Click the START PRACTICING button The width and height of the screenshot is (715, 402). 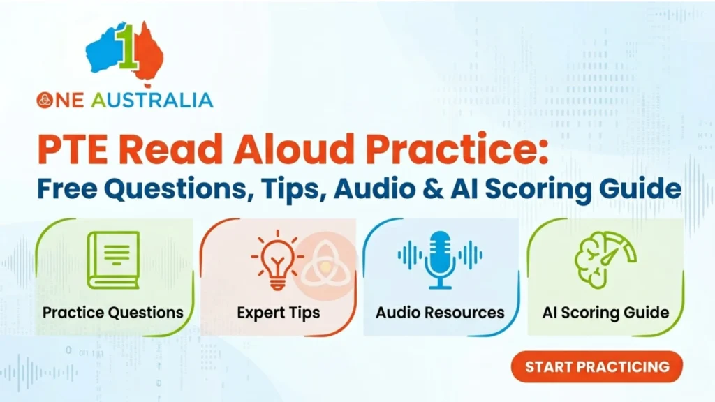596,367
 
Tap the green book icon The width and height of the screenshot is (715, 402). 114,260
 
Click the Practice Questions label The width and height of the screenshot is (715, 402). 113,313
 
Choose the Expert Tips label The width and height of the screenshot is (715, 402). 278,313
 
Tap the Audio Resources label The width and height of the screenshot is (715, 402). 440,313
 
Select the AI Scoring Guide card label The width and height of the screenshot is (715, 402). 605,313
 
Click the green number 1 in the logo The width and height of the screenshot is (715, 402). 127,47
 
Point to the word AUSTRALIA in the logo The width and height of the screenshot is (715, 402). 152,100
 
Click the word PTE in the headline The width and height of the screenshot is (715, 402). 73,149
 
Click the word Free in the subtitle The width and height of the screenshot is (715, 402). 67,188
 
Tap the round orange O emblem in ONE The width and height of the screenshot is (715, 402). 45,100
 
